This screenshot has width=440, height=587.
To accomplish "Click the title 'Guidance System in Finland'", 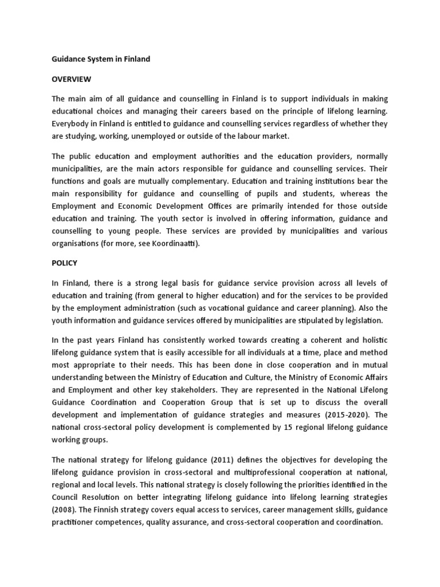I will pos(101,59).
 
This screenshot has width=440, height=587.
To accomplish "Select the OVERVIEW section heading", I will pos(72,79).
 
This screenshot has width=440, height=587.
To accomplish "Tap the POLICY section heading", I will pos(65,263).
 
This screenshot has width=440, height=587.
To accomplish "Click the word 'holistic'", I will pos(373,340).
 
